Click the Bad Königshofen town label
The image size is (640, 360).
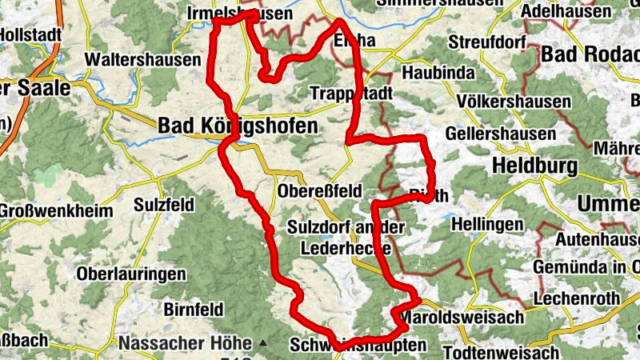point(238,126)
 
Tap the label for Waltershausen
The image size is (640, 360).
point(143,60)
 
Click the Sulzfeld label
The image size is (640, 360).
point(163,205)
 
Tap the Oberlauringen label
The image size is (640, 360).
point(131,274)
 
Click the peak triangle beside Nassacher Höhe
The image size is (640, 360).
point(263,343)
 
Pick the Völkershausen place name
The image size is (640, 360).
point(515,102)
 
